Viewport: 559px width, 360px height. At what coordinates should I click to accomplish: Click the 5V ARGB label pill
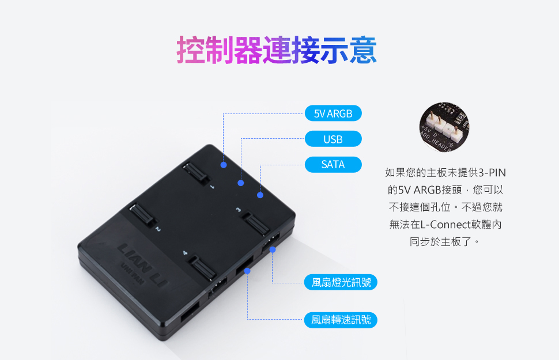point(333,113)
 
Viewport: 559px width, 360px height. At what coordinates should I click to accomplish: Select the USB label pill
point(333,139)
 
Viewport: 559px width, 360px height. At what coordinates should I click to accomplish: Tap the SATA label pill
point(333,165)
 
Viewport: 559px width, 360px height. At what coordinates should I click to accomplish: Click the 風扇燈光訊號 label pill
point(341,282)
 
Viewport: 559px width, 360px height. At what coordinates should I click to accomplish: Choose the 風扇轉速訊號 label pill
point(341,320)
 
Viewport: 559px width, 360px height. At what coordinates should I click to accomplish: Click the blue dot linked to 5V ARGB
point(224,165)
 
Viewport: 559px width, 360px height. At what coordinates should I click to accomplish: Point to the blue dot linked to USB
point(241,183)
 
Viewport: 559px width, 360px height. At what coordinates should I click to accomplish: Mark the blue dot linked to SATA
point(260,195)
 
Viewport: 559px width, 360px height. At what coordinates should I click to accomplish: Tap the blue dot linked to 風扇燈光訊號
point(273,250)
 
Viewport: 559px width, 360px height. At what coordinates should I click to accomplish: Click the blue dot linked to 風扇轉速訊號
point(247,271)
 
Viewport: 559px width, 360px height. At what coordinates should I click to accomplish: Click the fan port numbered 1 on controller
point(196,173)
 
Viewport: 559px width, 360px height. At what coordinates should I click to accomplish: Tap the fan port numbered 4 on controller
point(202,267)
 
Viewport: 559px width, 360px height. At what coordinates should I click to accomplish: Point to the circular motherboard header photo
point(444,127)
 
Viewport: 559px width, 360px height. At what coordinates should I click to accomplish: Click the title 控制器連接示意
point(277,50)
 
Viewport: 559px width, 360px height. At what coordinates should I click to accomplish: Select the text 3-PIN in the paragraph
point(492,173)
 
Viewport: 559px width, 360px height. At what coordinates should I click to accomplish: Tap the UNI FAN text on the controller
point(133,274)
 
